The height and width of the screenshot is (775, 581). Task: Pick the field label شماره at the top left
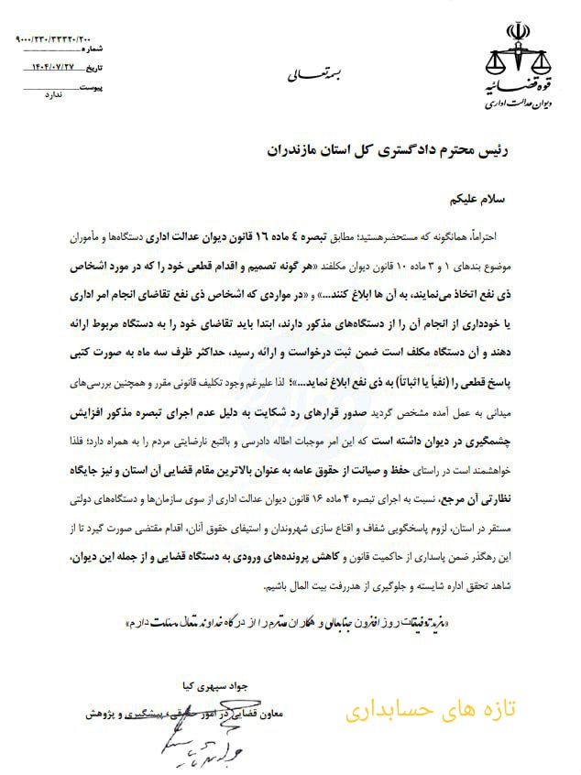point(95,48)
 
